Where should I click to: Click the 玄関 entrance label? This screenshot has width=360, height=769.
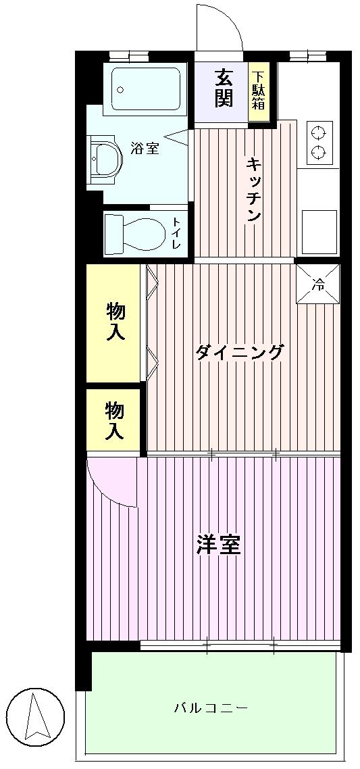click(224, 88)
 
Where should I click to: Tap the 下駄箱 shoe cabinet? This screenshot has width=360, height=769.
click(258, 91)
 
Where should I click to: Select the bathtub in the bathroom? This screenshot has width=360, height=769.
click(145, 89)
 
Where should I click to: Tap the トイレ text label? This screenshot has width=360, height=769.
click(176, 233)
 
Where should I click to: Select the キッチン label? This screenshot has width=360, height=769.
click(253, 189)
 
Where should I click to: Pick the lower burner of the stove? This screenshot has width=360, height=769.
click(317, 152)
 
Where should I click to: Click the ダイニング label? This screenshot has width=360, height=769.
click(238, 352)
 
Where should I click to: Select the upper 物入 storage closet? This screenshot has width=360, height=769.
click(115, 322)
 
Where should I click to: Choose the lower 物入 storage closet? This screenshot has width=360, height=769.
click(114, 420)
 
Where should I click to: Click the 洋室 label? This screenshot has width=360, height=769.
click(219, 545)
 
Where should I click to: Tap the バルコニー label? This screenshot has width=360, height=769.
click(211, 708)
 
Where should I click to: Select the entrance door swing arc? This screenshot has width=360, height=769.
click(220, 27)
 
